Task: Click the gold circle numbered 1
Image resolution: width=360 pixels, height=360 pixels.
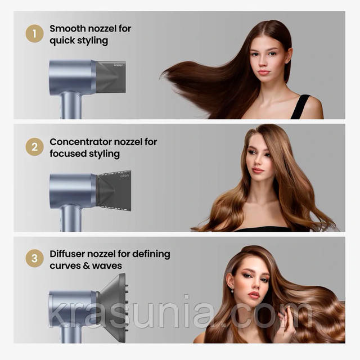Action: point(34,34)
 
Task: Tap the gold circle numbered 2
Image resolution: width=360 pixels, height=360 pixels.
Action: point(34,147)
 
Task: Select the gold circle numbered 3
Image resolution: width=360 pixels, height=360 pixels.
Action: point(34,258)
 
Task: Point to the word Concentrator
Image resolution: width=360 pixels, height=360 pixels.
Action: point(80,142)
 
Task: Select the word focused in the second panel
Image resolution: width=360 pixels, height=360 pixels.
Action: point(67,154)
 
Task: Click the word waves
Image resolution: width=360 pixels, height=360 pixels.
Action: point(107,266)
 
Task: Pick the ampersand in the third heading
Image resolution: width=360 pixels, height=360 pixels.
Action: point(86,266)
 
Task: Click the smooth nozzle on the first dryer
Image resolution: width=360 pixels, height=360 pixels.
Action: point(111,77)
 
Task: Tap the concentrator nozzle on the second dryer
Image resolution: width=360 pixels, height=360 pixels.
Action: point(114,191)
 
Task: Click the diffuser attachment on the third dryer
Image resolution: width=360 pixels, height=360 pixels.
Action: point(112,308)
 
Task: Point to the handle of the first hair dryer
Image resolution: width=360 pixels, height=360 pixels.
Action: point(71,105)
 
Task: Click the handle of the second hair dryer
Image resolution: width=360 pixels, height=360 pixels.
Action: point(71,218)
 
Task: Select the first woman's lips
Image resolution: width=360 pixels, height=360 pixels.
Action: point(264,73)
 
